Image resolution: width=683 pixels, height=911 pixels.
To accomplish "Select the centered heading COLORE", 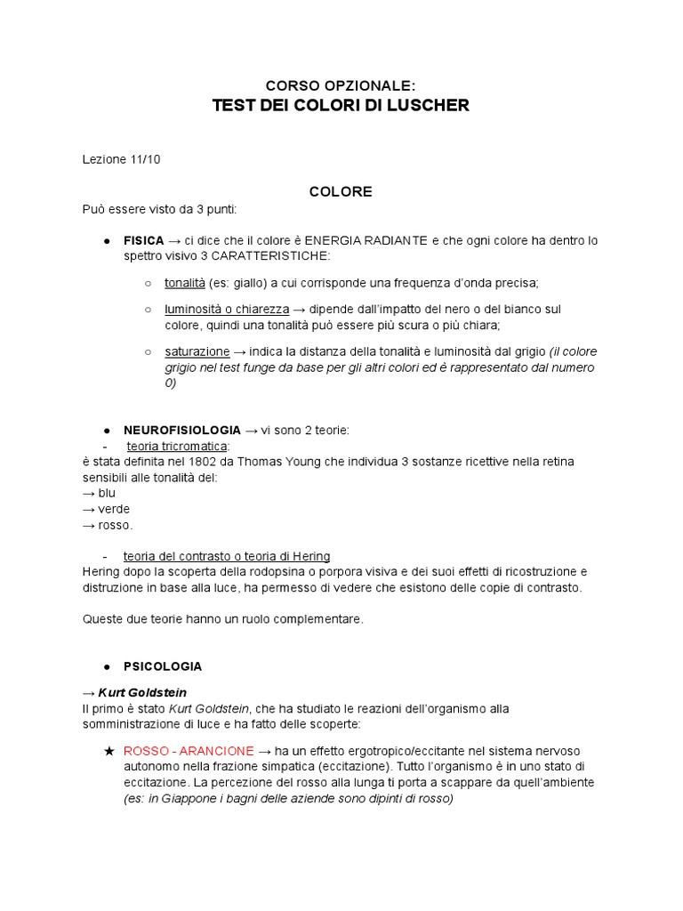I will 341,191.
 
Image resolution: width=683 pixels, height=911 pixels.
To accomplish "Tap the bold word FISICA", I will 143,240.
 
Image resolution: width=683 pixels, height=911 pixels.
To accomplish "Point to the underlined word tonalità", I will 184,283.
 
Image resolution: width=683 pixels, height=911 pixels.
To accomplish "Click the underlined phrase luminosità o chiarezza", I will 227,309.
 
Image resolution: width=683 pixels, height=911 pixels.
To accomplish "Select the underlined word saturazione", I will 197,351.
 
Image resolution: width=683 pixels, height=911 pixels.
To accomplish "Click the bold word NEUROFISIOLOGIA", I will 181,430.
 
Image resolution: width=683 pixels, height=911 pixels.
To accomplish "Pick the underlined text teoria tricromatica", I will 177,446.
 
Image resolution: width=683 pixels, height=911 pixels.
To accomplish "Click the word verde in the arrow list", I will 114,509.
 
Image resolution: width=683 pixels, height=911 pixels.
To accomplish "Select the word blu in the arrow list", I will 107,493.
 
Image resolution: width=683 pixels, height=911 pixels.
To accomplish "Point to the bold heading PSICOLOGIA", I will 163,665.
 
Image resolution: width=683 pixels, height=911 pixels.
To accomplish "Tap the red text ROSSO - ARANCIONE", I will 189,750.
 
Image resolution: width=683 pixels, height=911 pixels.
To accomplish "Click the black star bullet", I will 108,750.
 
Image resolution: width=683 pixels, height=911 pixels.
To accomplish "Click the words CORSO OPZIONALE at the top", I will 341,85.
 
